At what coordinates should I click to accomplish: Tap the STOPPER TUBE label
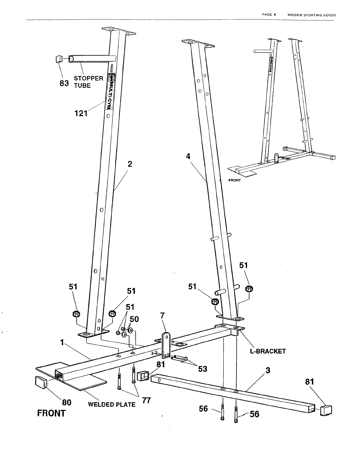click(88, 82)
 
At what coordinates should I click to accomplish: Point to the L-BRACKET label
click(268, 351)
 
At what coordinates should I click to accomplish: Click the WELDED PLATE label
click(112, 404)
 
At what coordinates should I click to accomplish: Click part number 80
click(66, 402)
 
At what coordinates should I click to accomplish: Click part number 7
click(162, 316)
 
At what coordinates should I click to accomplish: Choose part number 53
click(202, 369)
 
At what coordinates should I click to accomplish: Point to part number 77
click(146, 400)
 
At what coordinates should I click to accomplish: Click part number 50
click(134, 319)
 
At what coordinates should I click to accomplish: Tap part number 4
click(188, 156)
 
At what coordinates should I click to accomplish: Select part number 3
click(267, 370)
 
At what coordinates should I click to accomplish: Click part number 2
click(130, 164)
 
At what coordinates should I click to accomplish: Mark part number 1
click(62, 342)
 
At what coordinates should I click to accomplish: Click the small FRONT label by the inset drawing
click(235, 180)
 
